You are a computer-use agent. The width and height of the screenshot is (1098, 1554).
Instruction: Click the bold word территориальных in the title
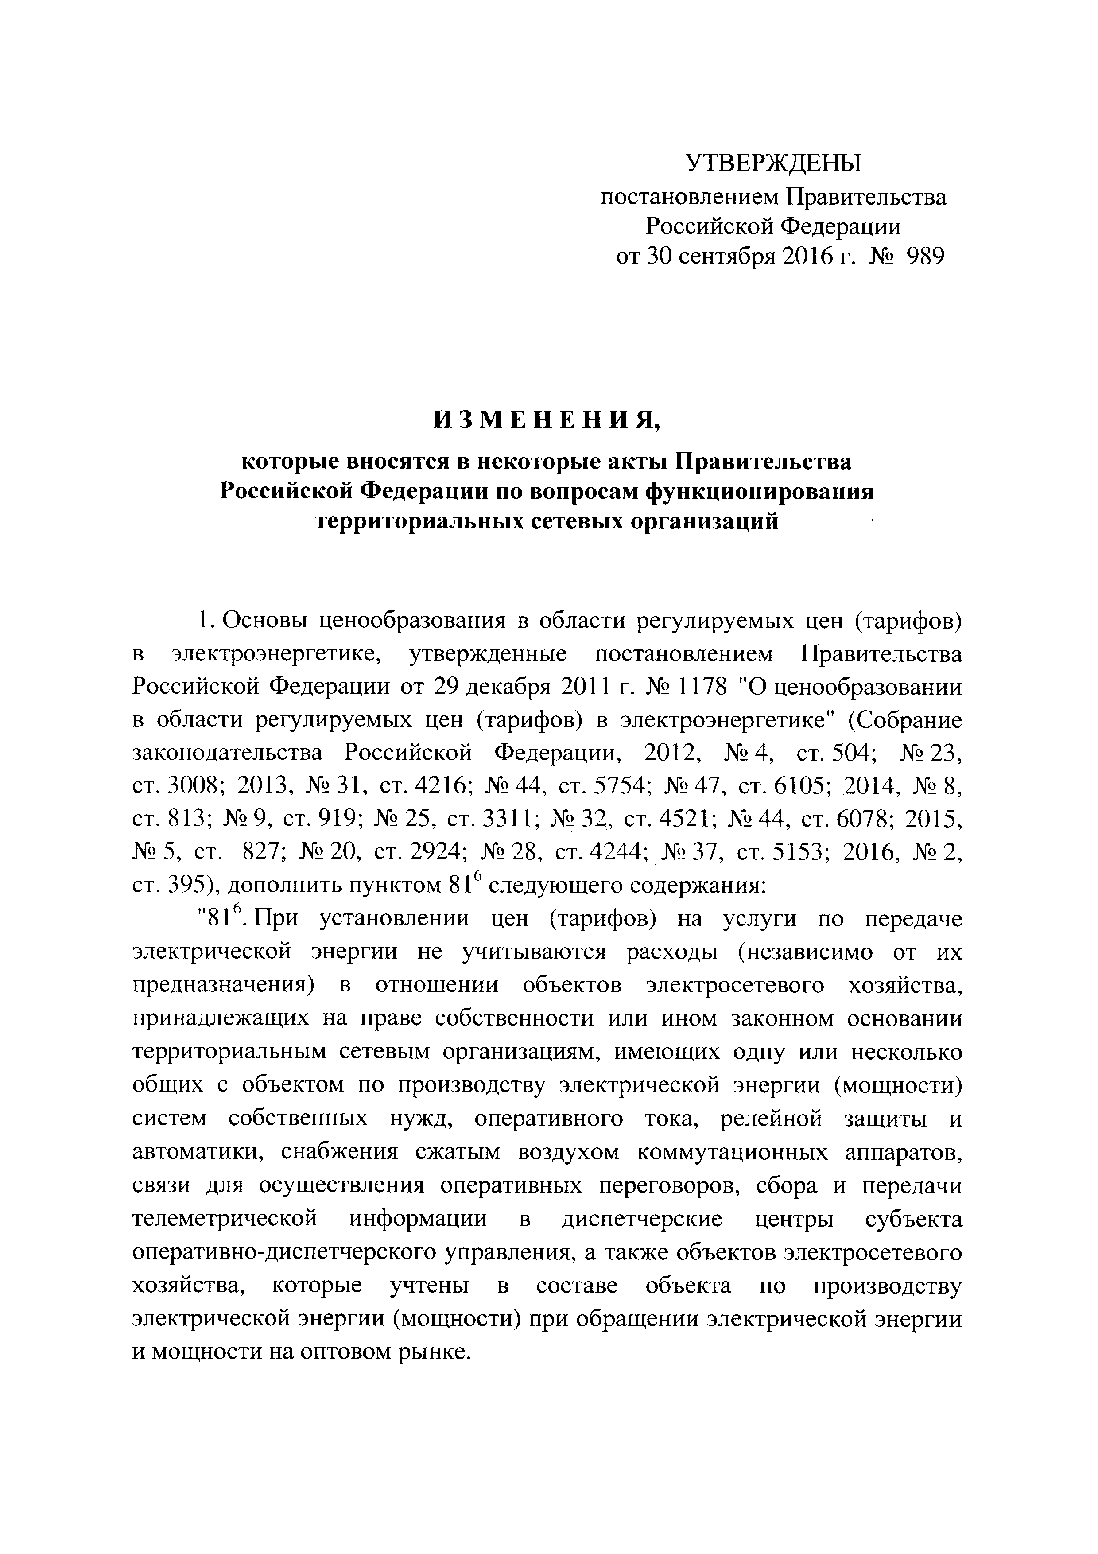click(427, 522)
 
